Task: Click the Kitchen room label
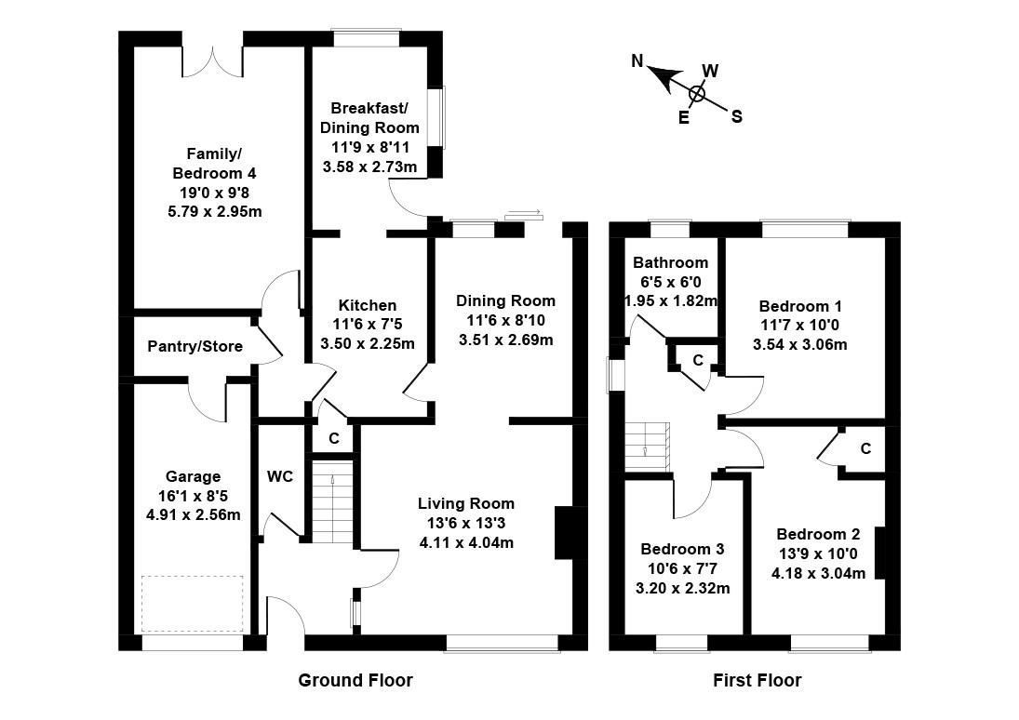point(368,305)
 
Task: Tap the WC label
point(280,477)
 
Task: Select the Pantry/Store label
point(195,346)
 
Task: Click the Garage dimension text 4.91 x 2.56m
point(194,515)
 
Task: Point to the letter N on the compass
point(637,61)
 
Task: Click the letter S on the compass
point(737,117)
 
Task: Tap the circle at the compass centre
point(697,94)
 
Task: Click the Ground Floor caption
point(355,680)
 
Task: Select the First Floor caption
point(758,680)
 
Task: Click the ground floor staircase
point(332,501)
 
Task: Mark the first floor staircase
point(648,447)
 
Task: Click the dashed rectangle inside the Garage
point(193,604)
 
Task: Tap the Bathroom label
point(671,262)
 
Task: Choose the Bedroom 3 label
point(682,549)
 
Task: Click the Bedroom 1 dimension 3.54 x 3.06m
point(800,344)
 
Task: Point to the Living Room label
point(466,503)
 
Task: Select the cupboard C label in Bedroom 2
point(865,448)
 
